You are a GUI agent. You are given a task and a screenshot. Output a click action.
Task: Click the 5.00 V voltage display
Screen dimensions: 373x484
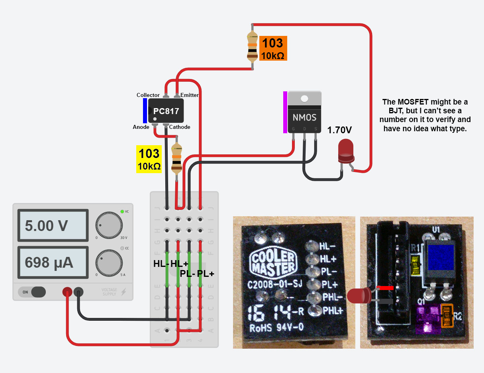tap(51, 226)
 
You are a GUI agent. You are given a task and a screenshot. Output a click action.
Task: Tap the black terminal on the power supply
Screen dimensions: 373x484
tap(79, 292)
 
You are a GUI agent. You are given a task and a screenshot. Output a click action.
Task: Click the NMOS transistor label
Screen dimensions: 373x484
tap(304, 118)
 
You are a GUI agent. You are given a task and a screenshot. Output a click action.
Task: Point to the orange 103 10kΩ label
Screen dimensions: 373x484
tap(273, 48)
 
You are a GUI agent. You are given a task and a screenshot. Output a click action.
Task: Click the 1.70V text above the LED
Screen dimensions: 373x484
tap(339, 130)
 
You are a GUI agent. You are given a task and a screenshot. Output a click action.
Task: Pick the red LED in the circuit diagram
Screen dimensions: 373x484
tap(345, 150)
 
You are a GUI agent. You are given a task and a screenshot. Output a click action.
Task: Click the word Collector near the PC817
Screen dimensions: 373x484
tap(148, 95)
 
